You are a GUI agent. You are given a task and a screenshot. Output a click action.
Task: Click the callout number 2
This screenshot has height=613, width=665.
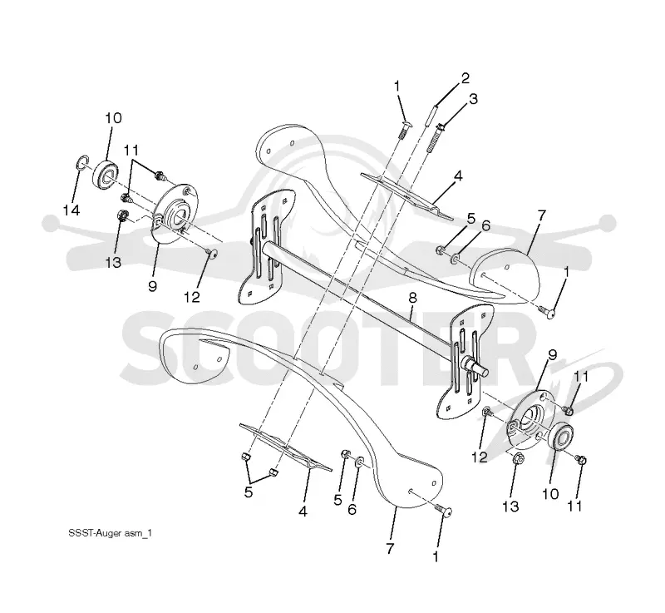click(x=465, y=78)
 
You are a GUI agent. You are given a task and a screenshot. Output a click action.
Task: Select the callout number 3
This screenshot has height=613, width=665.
click(x=473, y=99)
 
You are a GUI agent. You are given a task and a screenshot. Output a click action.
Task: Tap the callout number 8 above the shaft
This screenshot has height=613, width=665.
click(x=412, y=298)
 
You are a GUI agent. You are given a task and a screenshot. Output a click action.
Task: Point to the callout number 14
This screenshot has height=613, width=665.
click(x=71, y=210)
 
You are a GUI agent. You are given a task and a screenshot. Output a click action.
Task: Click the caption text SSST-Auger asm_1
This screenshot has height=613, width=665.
click(x=111, y=533)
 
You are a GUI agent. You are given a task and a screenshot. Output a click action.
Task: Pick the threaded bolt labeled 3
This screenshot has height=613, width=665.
click(x=435, y=140)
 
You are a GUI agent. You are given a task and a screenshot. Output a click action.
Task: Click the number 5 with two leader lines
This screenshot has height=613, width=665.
click(x=249, y=492)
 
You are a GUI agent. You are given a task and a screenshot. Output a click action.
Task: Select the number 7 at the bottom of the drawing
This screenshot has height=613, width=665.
click(x=390, y=548)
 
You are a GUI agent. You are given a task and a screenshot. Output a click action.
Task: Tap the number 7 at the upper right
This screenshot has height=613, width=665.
click(x=542, y=215)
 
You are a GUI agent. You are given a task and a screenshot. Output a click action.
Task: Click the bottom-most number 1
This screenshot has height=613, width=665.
click(x=435, y=557)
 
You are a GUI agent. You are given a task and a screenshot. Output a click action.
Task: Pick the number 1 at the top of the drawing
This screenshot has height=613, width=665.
click(x=397, y=87)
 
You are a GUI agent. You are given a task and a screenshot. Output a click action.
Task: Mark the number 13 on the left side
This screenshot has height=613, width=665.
click(x=113, y=263)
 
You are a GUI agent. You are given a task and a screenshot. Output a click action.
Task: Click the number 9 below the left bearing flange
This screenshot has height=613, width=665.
click(x=152, y=286)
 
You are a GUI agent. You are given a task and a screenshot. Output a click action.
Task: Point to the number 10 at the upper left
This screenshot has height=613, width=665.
click(x=113, y=118)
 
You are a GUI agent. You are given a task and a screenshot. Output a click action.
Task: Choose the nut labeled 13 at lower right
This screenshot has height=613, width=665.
click(x=517, y=458)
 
